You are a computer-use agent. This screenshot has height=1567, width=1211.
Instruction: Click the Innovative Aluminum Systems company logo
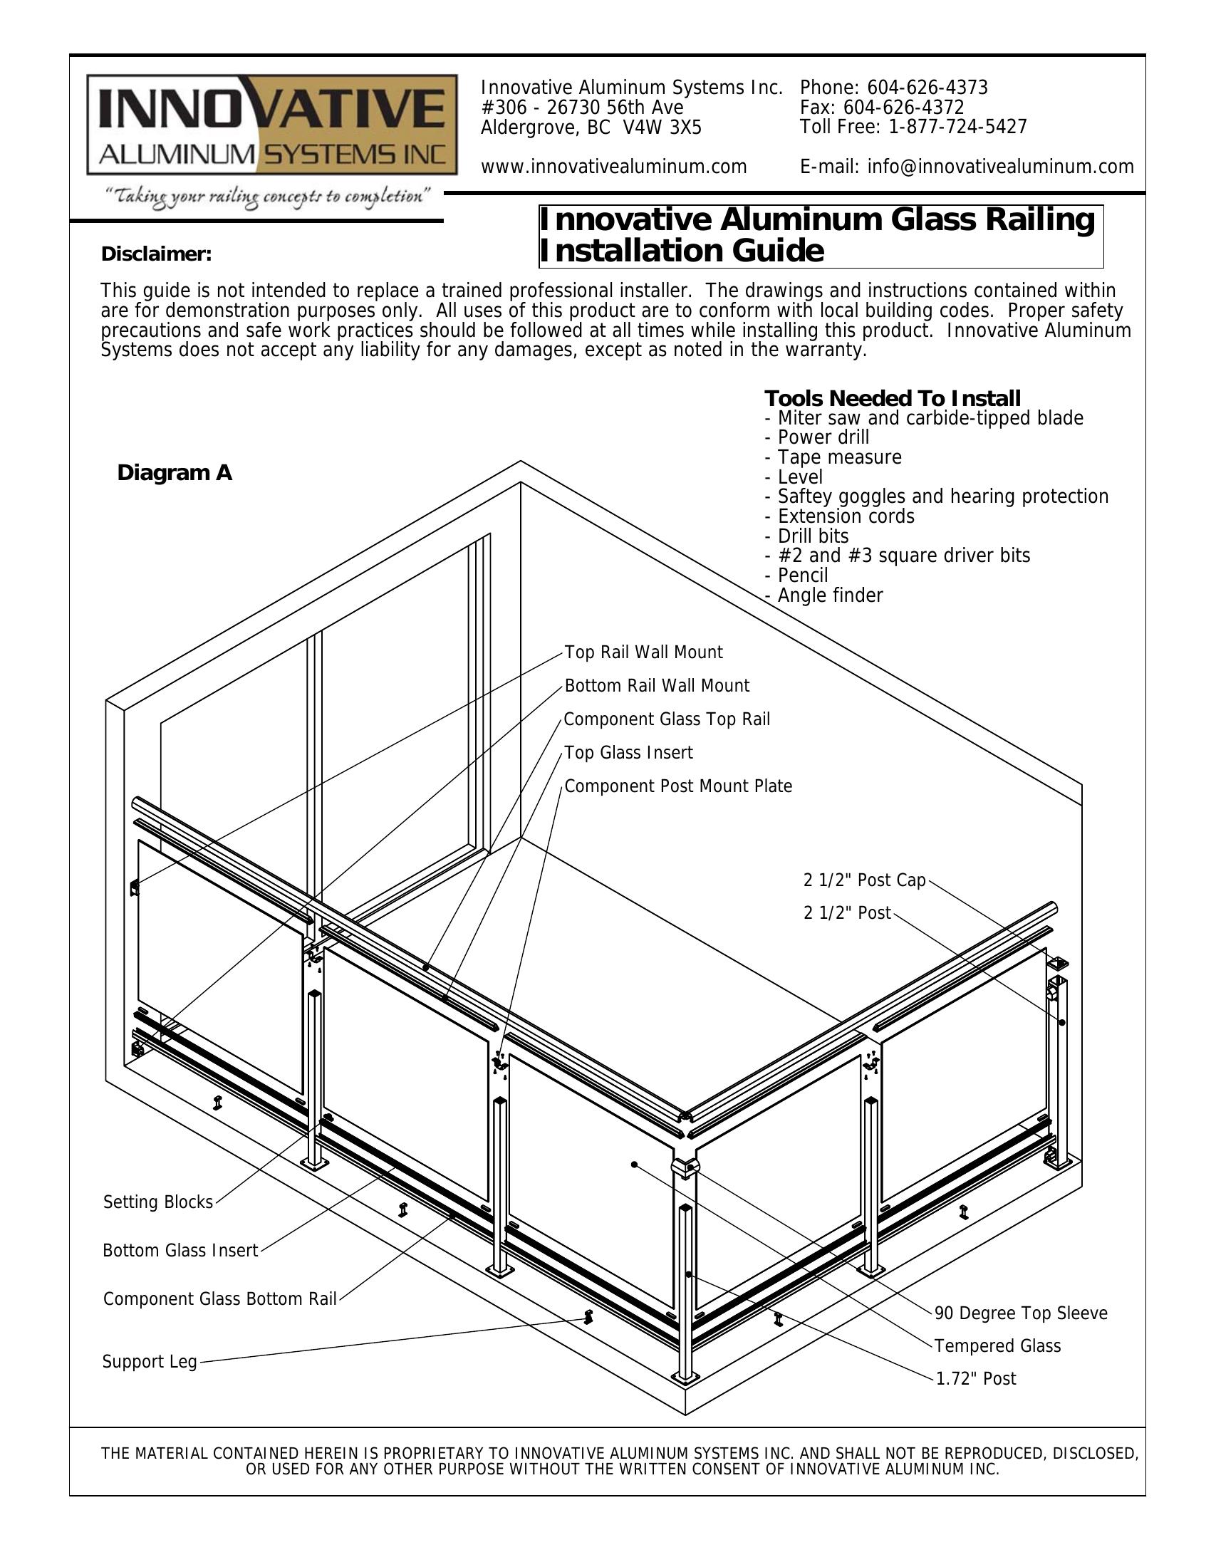click(x=272, y=125)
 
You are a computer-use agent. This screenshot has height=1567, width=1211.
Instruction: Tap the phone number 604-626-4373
click(x=927, y=88)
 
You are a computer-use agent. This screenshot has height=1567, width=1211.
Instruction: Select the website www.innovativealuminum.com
click(x=613, y=167)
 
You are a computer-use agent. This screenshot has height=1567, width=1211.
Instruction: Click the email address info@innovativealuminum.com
click(x=1000, y=167)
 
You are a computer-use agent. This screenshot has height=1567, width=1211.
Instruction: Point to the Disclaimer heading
click(x=157, y=254)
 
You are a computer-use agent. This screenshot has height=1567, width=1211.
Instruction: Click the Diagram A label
click(x=175, y=473)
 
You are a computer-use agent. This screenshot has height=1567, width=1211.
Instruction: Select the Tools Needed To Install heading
click(x=892, y=398)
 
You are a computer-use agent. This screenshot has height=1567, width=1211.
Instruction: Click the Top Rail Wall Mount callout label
click(x=643, y=652)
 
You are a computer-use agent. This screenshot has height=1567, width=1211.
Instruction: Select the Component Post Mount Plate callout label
click(x=678, y=786)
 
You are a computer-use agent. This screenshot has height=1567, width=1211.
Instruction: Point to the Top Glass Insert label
click(x=628, y=753)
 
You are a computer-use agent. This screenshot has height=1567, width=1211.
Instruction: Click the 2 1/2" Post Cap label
click(x=864, y=880)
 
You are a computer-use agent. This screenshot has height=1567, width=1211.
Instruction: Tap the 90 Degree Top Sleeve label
click(x=1020, y=1313)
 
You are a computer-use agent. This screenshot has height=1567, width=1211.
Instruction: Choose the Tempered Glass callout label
click(x=997, y=1346)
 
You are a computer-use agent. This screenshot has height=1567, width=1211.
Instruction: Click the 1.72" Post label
click(x=976, y=1378)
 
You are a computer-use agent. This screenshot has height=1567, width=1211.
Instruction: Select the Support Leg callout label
click(x=149, y=1361)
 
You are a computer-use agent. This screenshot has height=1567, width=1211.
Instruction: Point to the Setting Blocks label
click(x=158, y=1202)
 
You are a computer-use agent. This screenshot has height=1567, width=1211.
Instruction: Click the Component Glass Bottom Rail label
click(x=219, y=1298)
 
